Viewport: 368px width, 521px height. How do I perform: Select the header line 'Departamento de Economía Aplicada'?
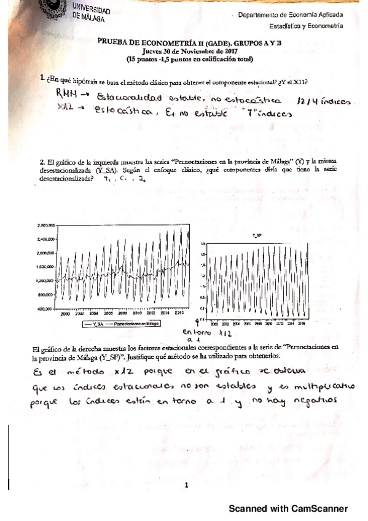(x=291, y=14)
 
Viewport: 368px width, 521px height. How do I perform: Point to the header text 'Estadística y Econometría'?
(x=306, y=26)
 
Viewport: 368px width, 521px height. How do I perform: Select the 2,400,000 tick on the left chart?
(x=46, y=239)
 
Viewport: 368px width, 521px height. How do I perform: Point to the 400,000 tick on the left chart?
(x=47, y=309)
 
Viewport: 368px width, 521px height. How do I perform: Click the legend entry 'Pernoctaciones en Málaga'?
(x=133, y=323)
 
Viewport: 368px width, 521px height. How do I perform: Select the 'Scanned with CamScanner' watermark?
(x=288, y=509)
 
